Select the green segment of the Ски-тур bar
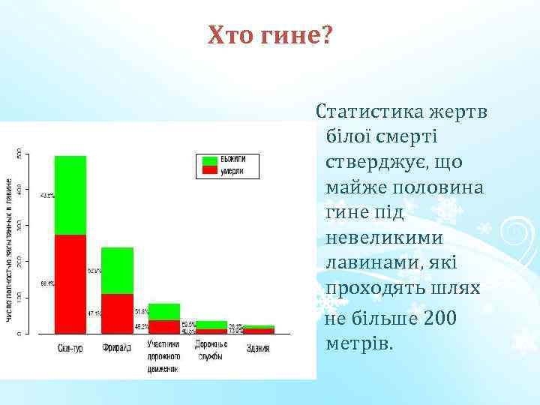point(70,195)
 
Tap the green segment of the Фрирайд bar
point(117,270)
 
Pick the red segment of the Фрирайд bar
point(117,313)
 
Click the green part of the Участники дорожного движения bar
point(163,311)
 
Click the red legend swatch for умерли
point(208,171)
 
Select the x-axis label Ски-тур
point(70,349)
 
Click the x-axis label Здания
point(258,349)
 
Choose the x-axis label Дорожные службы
point(211,349)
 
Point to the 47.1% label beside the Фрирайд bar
point(94,313)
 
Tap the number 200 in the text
point(440,319)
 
